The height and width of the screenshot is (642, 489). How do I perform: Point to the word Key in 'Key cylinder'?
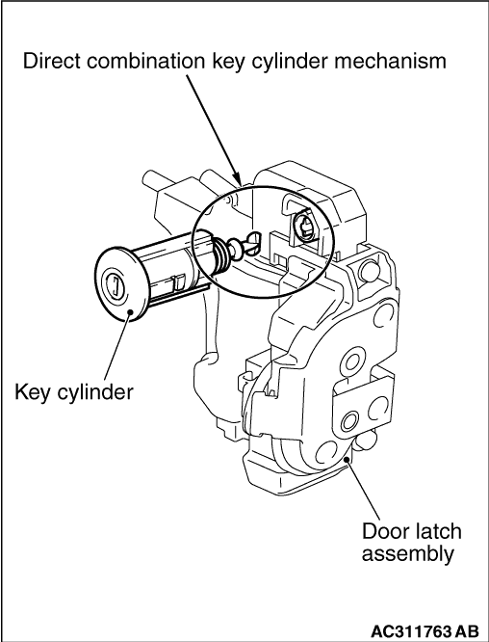(32, 392)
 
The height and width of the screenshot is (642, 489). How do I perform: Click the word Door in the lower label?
(384, 532)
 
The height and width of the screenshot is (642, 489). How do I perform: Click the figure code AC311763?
(413, 630)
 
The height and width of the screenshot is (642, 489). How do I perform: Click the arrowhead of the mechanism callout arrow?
(239, 179)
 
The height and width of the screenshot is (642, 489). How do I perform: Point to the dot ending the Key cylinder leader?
(130, 313)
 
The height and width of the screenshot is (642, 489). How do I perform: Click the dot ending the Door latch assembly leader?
(347, 460)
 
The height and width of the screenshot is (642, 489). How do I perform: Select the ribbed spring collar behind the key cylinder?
(220, 256)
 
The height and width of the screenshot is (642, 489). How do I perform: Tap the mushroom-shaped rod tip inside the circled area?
(234, 248)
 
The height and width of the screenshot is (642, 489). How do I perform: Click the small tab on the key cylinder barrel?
(178, 283)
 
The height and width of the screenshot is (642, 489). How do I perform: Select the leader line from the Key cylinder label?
(117, 347)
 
